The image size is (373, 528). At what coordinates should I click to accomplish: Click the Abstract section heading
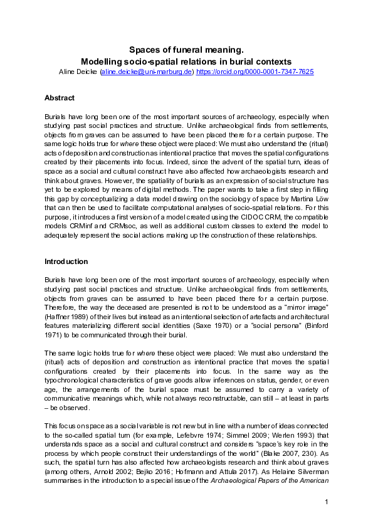pyautogui.click(x=60, y=98)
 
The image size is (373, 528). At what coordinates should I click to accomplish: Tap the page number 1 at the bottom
pyautogui.click(x=327, y=502)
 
